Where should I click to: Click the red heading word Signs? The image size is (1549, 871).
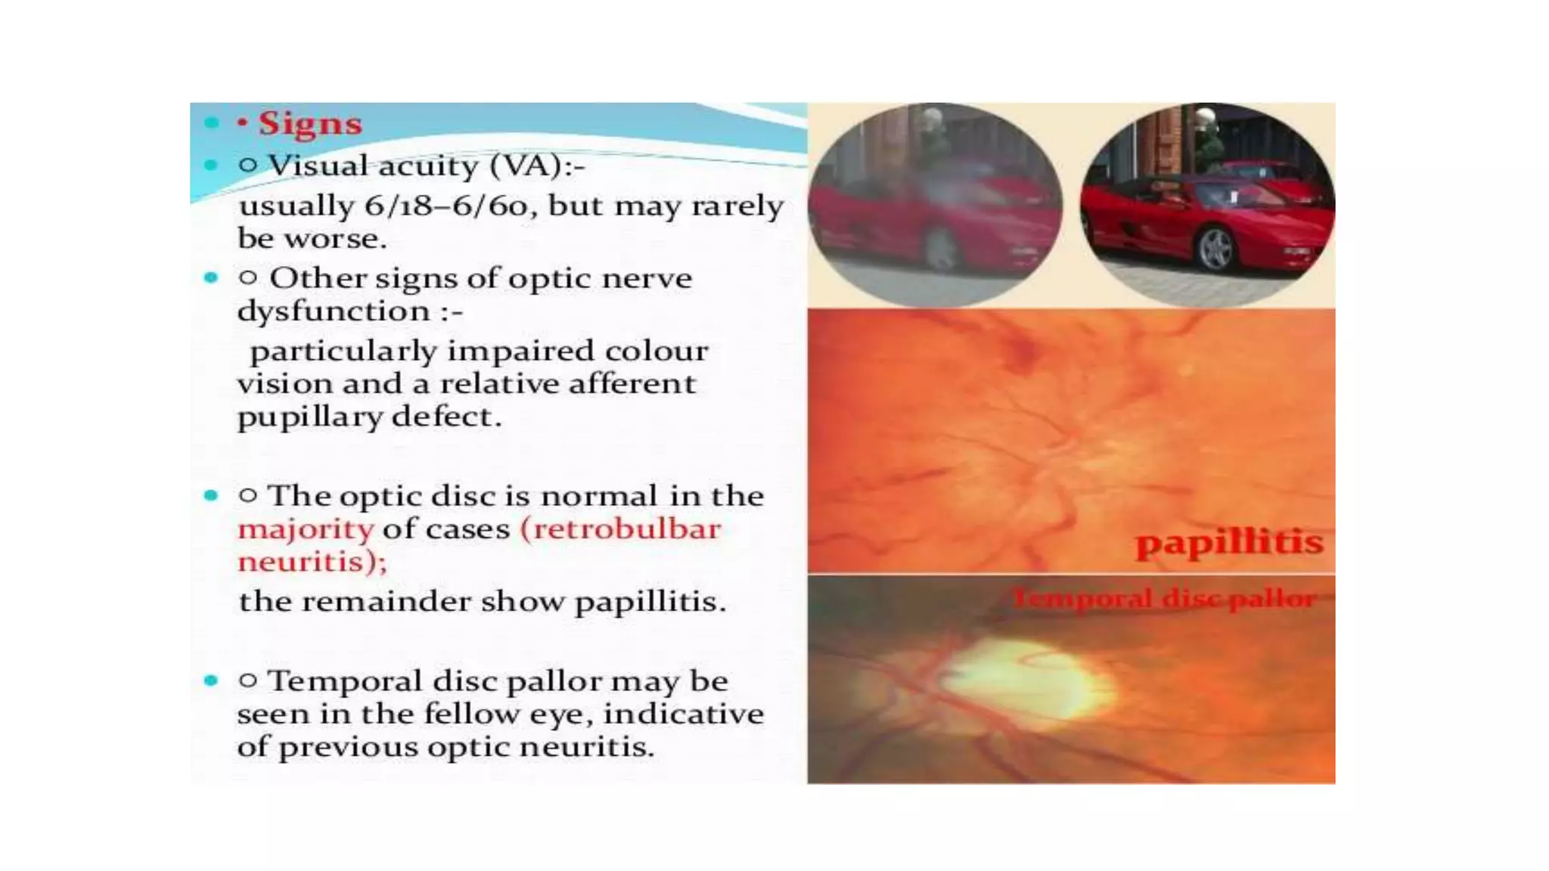[310, 123]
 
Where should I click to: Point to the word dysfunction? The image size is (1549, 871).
[334, 311]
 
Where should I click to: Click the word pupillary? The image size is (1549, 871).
[309, 417]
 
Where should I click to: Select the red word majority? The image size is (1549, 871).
[306, 529]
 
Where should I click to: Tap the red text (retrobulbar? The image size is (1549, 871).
[620, 528]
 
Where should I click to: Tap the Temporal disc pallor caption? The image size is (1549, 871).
[1164, 600]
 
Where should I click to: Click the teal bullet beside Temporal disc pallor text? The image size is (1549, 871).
[211, 680]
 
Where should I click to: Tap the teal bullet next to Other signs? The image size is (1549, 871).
[211, 277]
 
